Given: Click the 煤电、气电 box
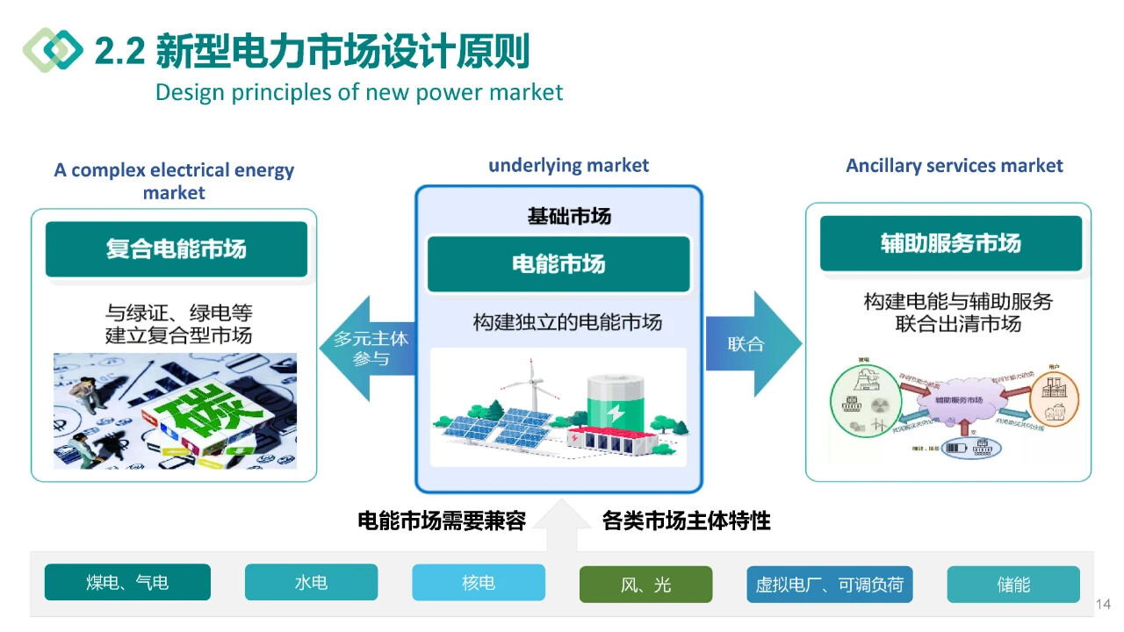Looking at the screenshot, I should click(127, 582).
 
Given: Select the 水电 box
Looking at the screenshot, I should click(311, 582).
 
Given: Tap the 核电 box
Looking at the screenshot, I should click(479, 582).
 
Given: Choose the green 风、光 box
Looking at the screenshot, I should click(645, 585).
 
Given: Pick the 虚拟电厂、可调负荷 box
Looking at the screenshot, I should click(829, 585).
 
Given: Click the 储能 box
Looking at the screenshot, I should click(1013, 585).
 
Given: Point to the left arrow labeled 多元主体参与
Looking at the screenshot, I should click(370, 348).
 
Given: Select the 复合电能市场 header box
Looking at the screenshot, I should click(177, 249).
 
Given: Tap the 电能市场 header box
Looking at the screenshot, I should click(558, 264).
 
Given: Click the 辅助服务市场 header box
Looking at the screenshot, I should click(951, 243).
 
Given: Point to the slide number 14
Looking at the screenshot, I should click(1103, 604).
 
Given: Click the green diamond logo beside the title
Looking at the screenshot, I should click(52, 49).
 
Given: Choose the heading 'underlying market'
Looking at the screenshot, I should click(568, 166).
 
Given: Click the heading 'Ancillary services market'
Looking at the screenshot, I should click(955, 166).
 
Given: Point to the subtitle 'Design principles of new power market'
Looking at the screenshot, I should click(358, 92).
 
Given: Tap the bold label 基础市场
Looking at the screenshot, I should click(569, 216).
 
